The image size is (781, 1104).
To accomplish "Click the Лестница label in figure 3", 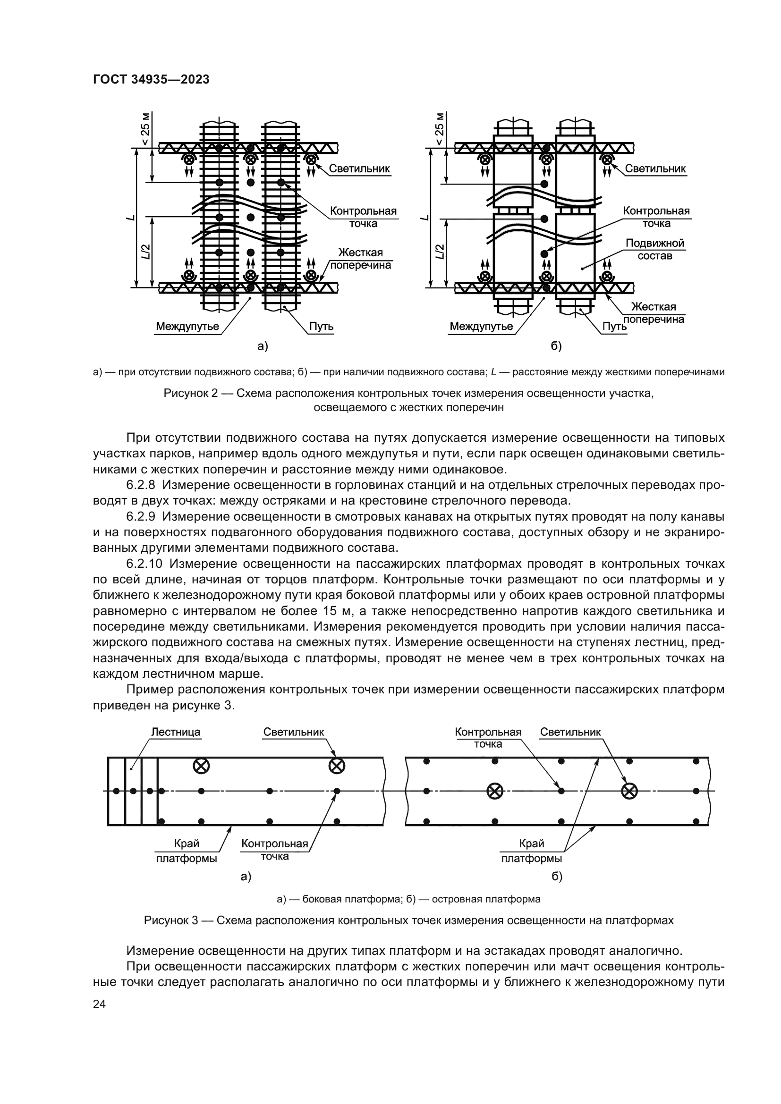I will [176, 732].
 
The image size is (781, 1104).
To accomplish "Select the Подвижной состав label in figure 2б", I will [654, 250].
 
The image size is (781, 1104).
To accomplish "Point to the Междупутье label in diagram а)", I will [187, 327].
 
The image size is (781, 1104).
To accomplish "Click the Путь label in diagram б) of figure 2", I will [615, 327].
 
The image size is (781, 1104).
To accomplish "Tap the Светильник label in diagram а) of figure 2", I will [359, 169].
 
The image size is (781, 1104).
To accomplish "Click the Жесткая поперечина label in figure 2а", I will [360, 259].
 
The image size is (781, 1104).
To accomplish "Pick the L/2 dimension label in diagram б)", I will [439, 251].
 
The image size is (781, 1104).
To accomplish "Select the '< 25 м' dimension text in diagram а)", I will [145, 129].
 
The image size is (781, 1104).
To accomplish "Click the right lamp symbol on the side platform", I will [336, 766].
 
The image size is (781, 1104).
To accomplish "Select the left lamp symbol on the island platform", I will [494, 791].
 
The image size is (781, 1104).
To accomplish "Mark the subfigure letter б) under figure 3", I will [556, 876].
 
